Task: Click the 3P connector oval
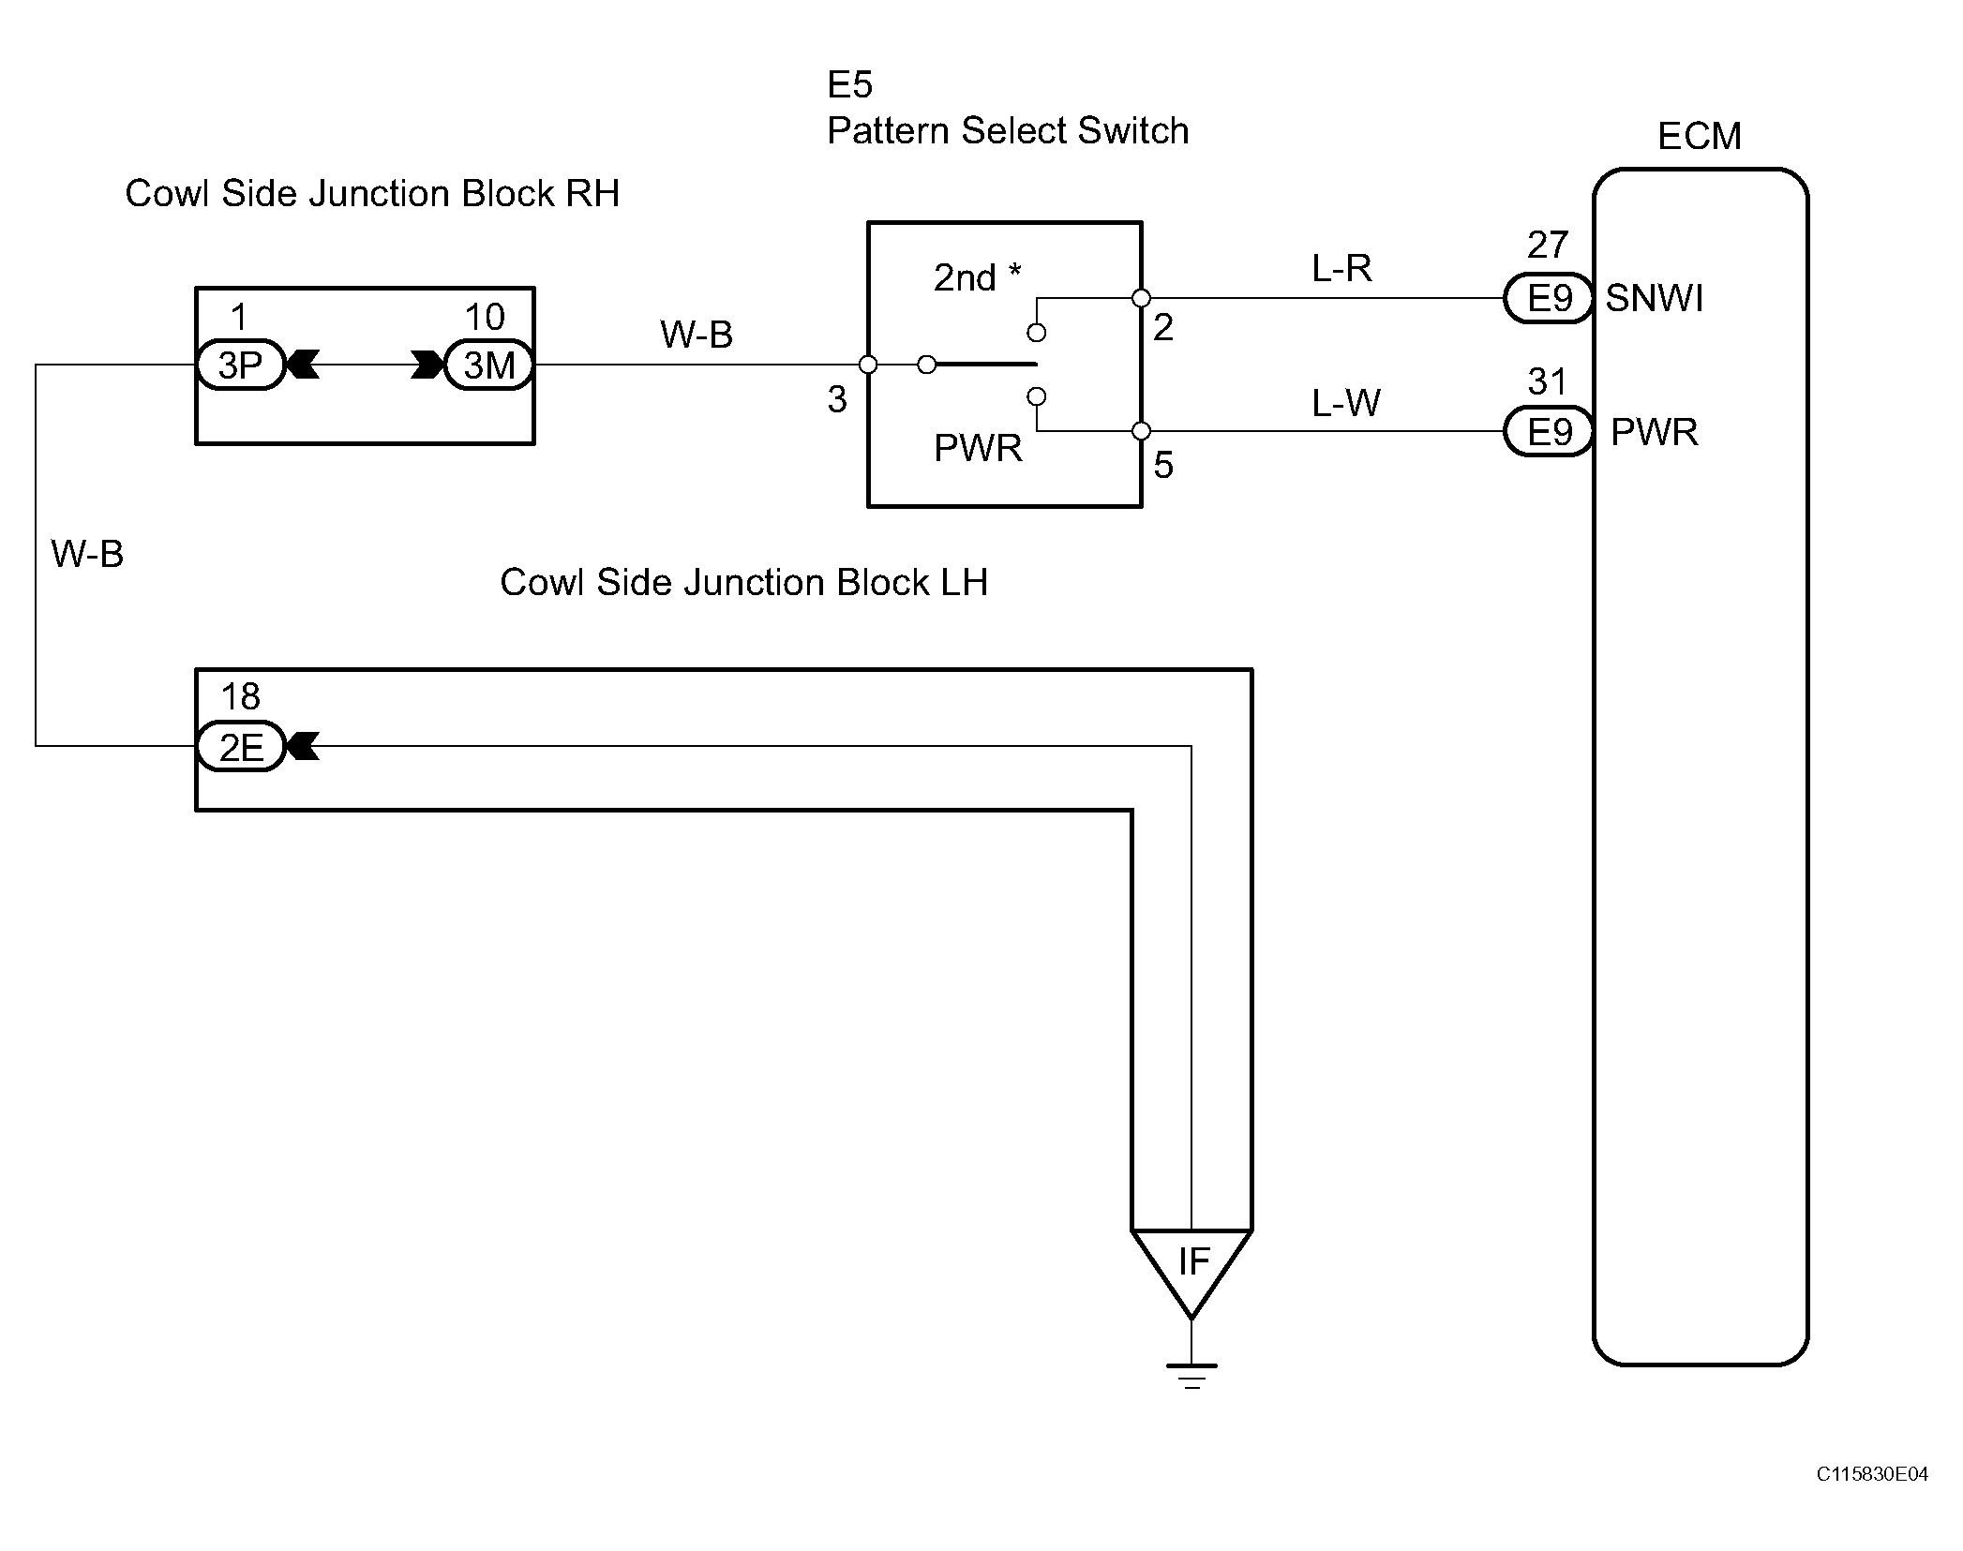click(x=240, y=365)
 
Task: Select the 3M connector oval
click(x=489, y=365)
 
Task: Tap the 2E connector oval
click(x=240, y=747)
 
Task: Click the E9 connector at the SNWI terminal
click(x=1549, y=298)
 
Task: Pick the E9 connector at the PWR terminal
click(x=1549, y=431)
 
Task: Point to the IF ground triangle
click(x=1191, y=1273)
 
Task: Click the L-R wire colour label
click(x=1341, y=269)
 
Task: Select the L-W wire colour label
click(x=1345, y=403)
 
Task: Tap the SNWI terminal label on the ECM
click(x=1655, y=298)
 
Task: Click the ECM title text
click(x=1699, y=137)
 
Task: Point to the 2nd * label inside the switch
click(x=977, y=277)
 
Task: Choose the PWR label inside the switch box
click(x=978, y=448)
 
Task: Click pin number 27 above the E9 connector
click(x=1548, y=245)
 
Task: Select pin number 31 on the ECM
click(x=1548, y=381)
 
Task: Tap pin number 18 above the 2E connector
click(x=240, y=696)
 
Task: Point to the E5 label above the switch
click(x=849, y=85)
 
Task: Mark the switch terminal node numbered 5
click(x=1141, y=431)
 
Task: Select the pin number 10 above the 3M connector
click(x=485, y=317)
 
